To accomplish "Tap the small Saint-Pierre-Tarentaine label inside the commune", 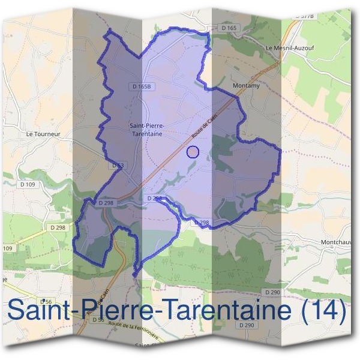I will point(147,130).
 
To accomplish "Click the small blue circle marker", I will point(193,152).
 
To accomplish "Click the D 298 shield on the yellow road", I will point(58,227).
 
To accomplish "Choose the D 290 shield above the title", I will point(272,292).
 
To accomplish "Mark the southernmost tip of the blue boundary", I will point(134,277).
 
